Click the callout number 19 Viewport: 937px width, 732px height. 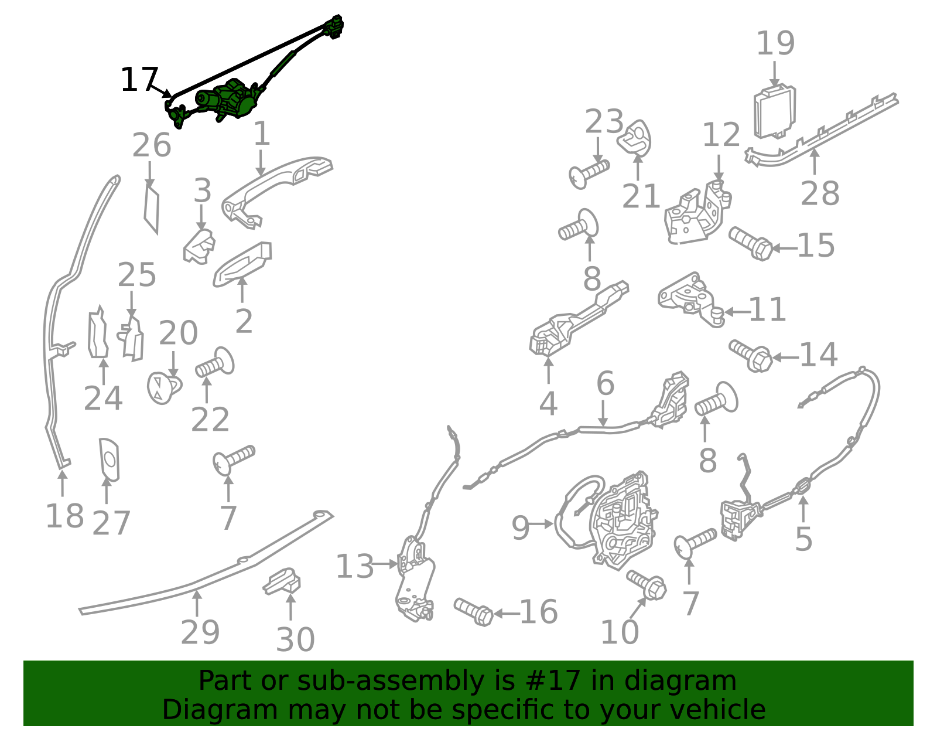(x=775, y=43)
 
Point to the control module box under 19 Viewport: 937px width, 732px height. (x=774, y=113)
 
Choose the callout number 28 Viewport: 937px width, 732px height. (x=820, y=193)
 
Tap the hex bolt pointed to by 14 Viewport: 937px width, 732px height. (x=750, y=356)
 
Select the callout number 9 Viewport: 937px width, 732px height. (x=521, y=528)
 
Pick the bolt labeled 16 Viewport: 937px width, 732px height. (x=473, y=612)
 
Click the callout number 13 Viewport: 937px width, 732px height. (x=354, y=566)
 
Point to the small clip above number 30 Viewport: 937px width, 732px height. (x=282, y=581)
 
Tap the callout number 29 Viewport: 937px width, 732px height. (x=200, y=632)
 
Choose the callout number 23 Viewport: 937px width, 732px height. (x=604, y=122)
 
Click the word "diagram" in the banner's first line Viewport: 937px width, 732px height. (x=680, y=681)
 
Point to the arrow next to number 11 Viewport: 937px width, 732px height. (x=736, y=311)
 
